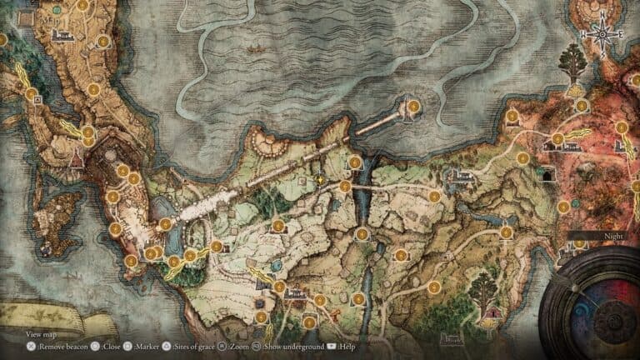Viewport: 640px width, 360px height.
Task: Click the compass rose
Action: coord(599,34)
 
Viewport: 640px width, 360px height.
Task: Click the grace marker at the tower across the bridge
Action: coord(412,106)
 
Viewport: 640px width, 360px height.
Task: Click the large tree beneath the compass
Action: coord(573,63)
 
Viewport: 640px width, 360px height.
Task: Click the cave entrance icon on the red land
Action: coord(547,175)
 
